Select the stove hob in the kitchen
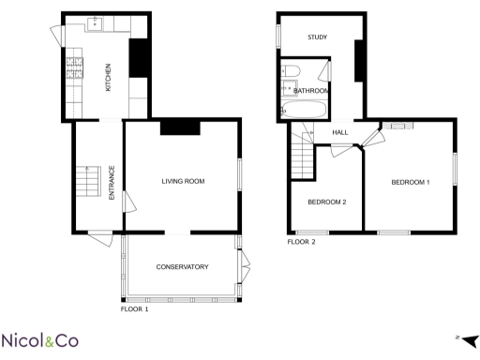(x=72, y=66)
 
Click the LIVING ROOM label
(x=183, y=181)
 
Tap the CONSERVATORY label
(x=182, y=267)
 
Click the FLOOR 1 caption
(x=135, y=308)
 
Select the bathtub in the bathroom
(x=304, y=111)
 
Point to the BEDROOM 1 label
(x=411, y=181)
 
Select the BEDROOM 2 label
(x=327, y=202)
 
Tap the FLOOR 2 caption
(x=301, y=242)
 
